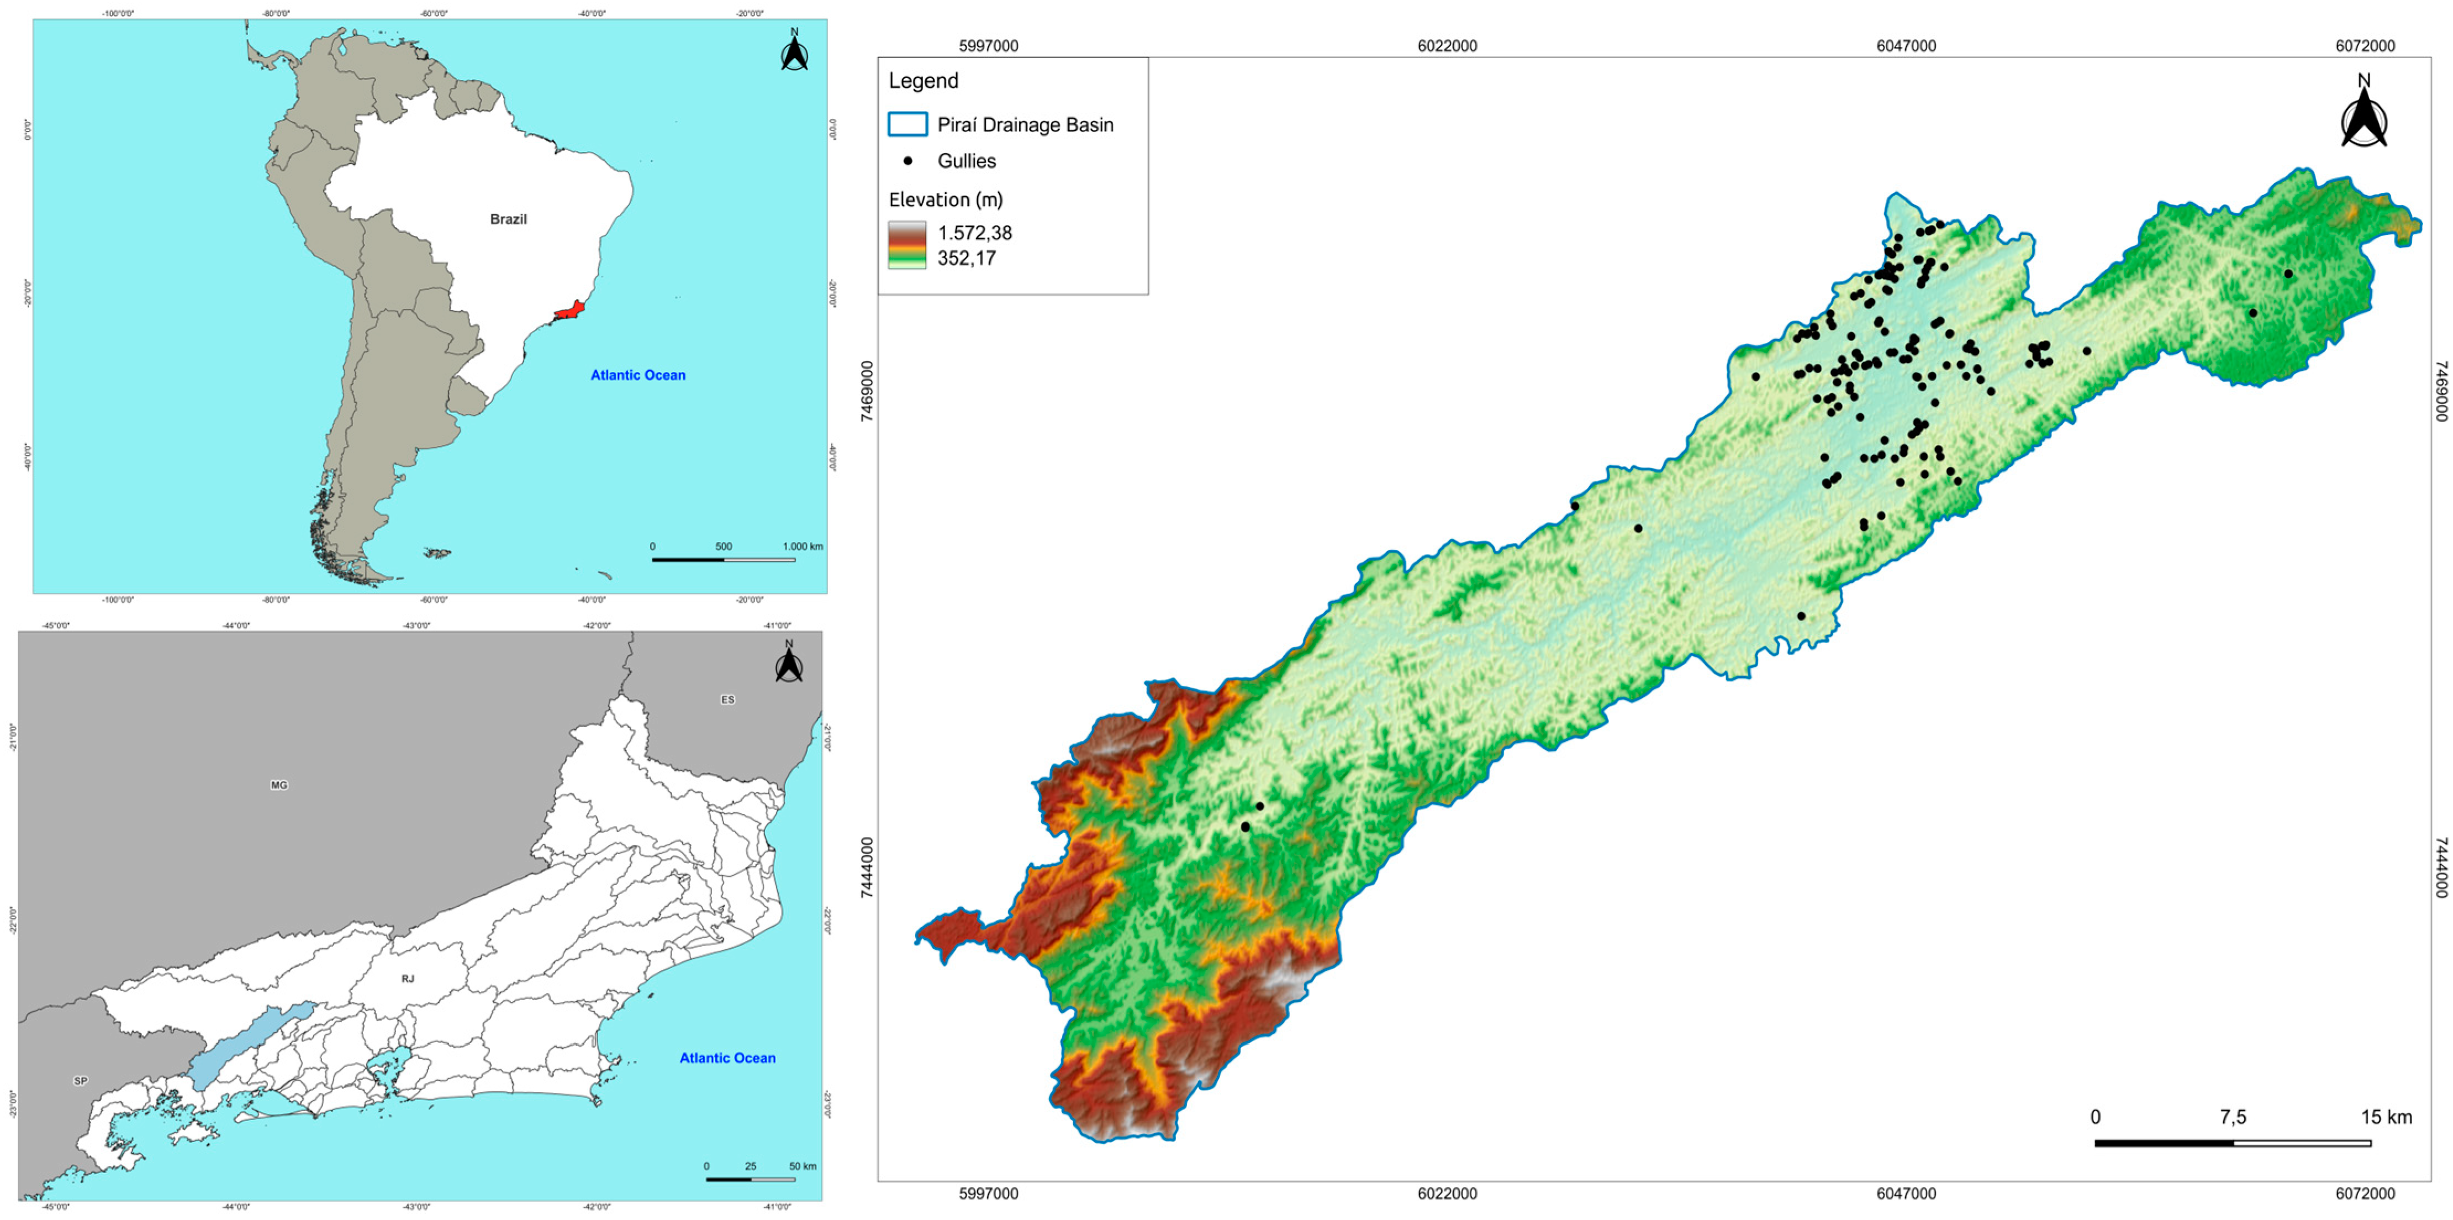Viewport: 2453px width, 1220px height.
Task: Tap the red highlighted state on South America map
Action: pyautogui.click(x=571, y=311)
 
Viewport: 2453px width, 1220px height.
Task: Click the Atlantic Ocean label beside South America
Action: pyautogui.click(x=638, y=375)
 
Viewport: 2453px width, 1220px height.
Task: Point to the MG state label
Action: pyautogui.click(x=279, y=785)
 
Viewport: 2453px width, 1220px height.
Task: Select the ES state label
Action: pyautogui.click(x=727, y=700)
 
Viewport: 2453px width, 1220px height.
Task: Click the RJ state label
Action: pyautogui.click(x=408, y=979)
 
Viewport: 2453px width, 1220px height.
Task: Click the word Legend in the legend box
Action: pyautogui.click(x=923, y=81)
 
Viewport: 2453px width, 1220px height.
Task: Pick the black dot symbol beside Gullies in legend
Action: pyautogui.click(x=908, y=161)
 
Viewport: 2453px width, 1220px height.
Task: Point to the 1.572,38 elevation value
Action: pyautogui.click(x=974, y=233)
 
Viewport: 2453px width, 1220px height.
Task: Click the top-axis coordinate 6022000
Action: pyautogui.click(x=1447, y=46)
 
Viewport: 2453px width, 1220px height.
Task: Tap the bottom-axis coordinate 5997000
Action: pyautogui.click(x=989, y=1193)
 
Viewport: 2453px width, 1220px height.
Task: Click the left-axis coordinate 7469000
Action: pyautogui.click(x=868, y=391)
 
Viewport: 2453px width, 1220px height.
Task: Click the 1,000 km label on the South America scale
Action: pyautogui.click(x=803, y=546)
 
